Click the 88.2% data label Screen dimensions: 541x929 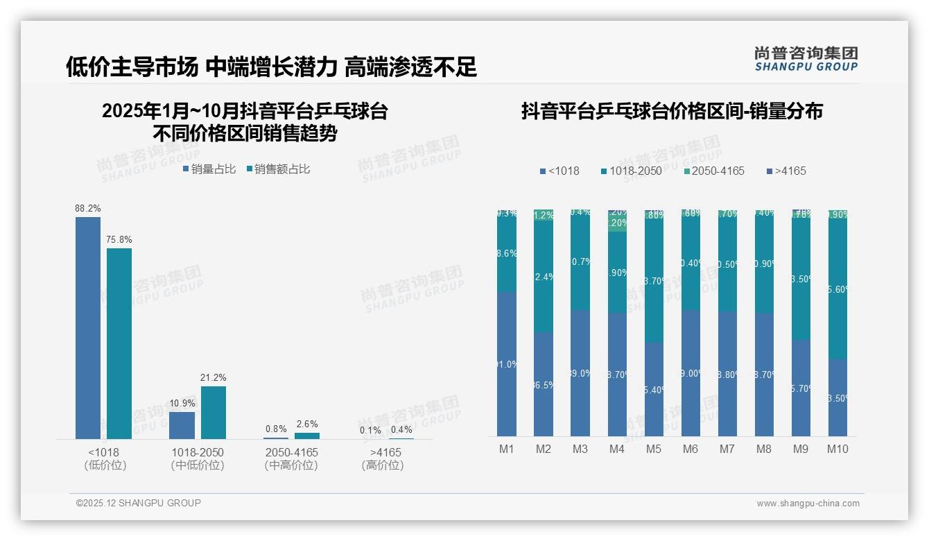[x=88, y=208]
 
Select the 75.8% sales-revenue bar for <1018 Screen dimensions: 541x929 [x=119, y=343]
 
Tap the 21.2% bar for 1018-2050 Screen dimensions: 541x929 [x=214, y=412]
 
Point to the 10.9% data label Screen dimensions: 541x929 [x=182, y=403]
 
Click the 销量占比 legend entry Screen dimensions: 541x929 [x=209, y=169]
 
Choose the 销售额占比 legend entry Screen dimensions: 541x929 [x=278, y=169]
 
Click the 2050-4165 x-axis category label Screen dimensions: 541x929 [x=291, y=452]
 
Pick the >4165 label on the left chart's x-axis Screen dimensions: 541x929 [x=383, y=452]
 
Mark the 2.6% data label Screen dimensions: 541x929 [x=306, y=424]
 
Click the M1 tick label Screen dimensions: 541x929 [x=507, y=449]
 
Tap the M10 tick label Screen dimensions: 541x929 [x=837, y=449]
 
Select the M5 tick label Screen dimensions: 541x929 [x=654, y=449]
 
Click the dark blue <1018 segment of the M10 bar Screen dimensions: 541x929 [x=837, y=397]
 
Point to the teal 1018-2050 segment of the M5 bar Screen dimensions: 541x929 [x=654, y=281]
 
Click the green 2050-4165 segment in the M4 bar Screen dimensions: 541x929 [x=617, y=223]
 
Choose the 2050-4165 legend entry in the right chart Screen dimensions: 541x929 [x=713, y=171]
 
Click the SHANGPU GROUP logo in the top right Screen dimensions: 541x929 [x=806, y=58]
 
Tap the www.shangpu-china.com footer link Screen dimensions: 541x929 [x=808, y=504]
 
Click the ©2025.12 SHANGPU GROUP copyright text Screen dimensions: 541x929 [x=139, y=503]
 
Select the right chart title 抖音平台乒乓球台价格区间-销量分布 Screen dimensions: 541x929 [x=672, y=111]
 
